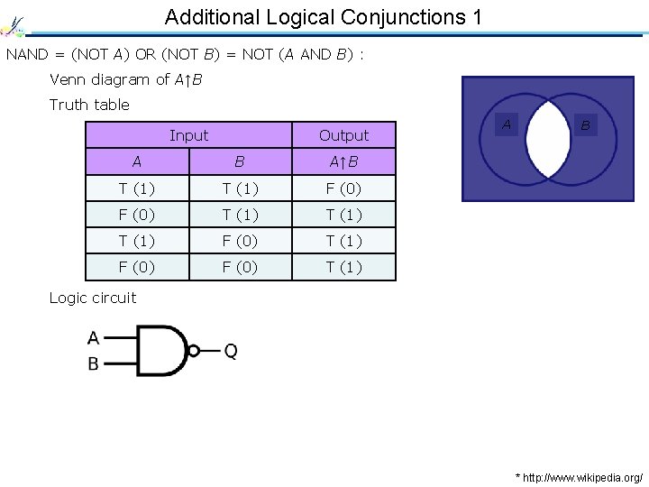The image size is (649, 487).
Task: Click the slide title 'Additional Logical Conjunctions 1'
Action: tap(324, 17)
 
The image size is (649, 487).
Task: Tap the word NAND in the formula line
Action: tap(25, 55)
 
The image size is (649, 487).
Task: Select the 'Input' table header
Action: tap(188, 135)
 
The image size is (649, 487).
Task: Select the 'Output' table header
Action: tap(343, 135)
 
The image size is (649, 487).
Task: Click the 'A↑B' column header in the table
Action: tap(343, 162)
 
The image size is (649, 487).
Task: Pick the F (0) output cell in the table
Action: tap(343, 188)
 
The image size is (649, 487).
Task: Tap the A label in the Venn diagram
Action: tap(507, 124)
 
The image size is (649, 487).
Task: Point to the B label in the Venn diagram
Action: tap(585, 126)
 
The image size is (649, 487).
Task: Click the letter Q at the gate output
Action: tap(231, 351)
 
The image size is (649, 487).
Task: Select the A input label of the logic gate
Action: tap(94, 338)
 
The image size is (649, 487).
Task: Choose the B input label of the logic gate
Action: tap(94, 364)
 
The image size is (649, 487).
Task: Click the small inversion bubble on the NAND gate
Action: tap(193, 351)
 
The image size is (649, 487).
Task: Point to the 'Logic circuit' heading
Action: tap(93, 298)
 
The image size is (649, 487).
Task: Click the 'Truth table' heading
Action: tap(89, 105)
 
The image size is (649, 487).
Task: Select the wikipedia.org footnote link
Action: tap(579, 475)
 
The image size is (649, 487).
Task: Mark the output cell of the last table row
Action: tap(343, 267)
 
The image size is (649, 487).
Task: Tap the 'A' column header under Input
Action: tap(136, 162)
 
